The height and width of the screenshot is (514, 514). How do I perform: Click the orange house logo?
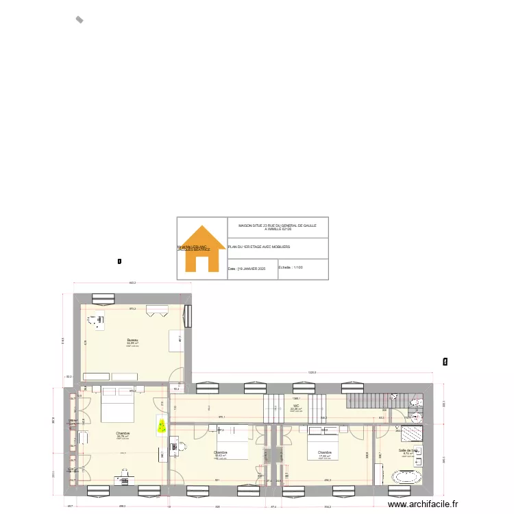201,249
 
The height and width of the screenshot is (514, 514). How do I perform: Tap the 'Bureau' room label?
132,340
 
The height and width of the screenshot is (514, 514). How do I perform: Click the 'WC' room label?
296,406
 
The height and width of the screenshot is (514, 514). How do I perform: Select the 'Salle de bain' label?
408,450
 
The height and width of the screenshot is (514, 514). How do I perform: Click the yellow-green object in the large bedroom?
162,426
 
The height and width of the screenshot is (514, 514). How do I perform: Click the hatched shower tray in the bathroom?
412,433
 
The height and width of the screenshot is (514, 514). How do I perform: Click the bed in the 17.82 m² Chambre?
322,441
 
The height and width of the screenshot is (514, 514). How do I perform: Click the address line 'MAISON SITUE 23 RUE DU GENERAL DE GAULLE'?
278,225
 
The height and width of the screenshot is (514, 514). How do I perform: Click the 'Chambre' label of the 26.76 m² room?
123,433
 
